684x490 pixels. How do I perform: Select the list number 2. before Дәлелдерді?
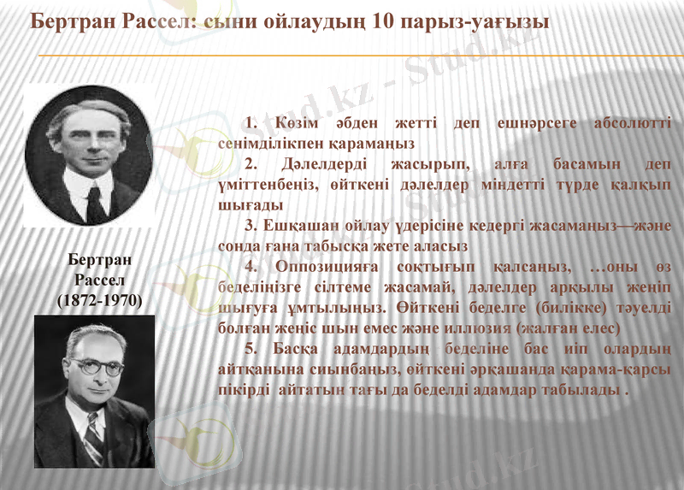(251, 164)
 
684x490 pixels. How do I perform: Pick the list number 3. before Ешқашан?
(251, 226)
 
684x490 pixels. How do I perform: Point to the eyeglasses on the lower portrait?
(95, 365)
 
